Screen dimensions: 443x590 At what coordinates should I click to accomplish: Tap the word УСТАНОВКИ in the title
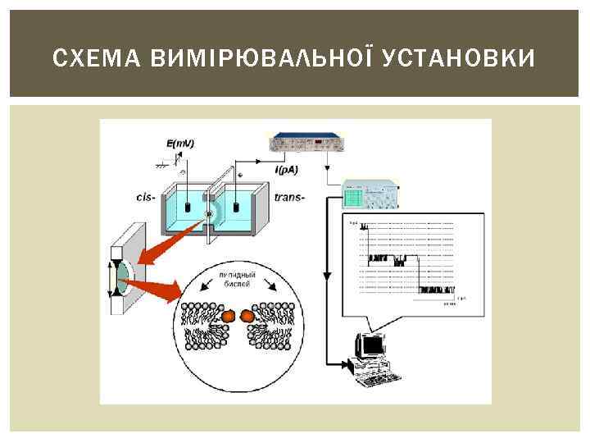point(460,58)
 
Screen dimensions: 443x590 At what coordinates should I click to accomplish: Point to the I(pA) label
point(287,170)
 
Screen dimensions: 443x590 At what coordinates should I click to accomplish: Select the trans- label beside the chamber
point(291,197)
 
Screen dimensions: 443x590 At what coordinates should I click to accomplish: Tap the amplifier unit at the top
point(305,145)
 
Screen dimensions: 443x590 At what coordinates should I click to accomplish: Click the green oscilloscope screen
point(353,197)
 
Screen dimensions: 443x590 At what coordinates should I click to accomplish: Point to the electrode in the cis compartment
point(188,207)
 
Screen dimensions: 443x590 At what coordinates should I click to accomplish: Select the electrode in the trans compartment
point(236,206)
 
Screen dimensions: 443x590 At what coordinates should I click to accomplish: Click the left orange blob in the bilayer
point(228,315)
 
